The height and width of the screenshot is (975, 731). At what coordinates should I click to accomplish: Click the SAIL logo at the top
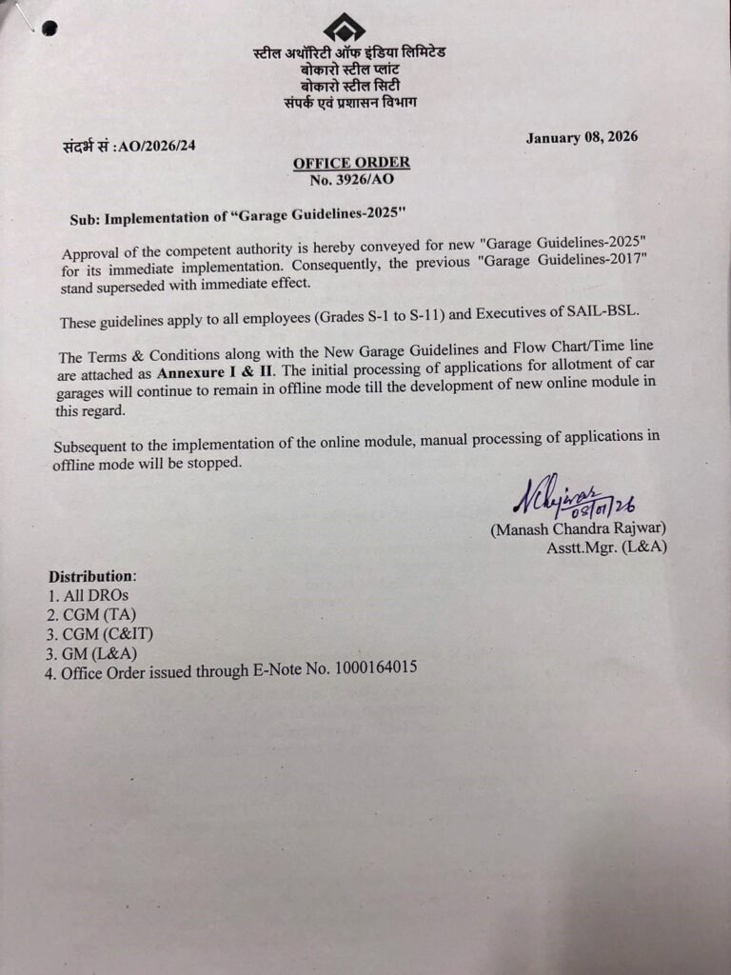[344, 27]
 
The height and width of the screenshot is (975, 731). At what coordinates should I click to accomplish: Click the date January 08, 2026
[582, 137]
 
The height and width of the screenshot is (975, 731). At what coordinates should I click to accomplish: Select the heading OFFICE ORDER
[351, 164]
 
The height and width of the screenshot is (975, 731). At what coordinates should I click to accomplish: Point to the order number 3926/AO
[351, 180]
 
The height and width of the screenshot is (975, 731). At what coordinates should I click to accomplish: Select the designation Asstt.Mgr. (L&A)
[605, 547]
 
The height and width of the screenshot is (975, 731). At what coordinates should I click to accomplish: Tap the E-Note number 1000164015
[375, 668]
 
